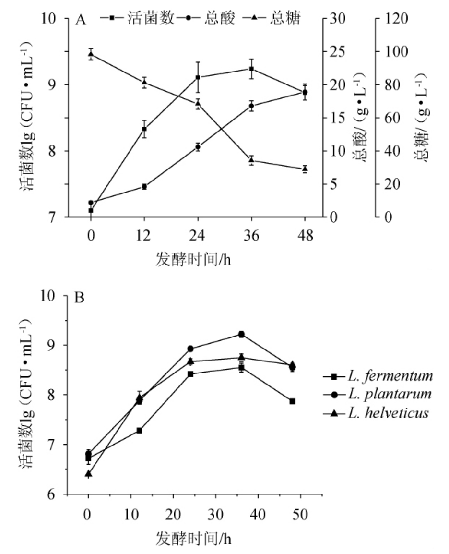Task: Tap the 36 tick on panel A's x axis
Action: [x=251, y=236]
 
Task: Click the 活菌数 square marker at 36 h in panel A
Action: [x=251, y=69]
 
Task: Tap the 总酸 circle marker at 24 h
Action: [x=198, y=147]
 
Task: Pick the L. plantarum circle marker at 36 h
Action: [x=242, y=334]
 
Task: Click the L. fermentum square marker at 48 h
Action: [x=292, y=401]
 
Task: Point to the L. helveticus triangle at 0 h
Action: [x=88, y=474]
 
